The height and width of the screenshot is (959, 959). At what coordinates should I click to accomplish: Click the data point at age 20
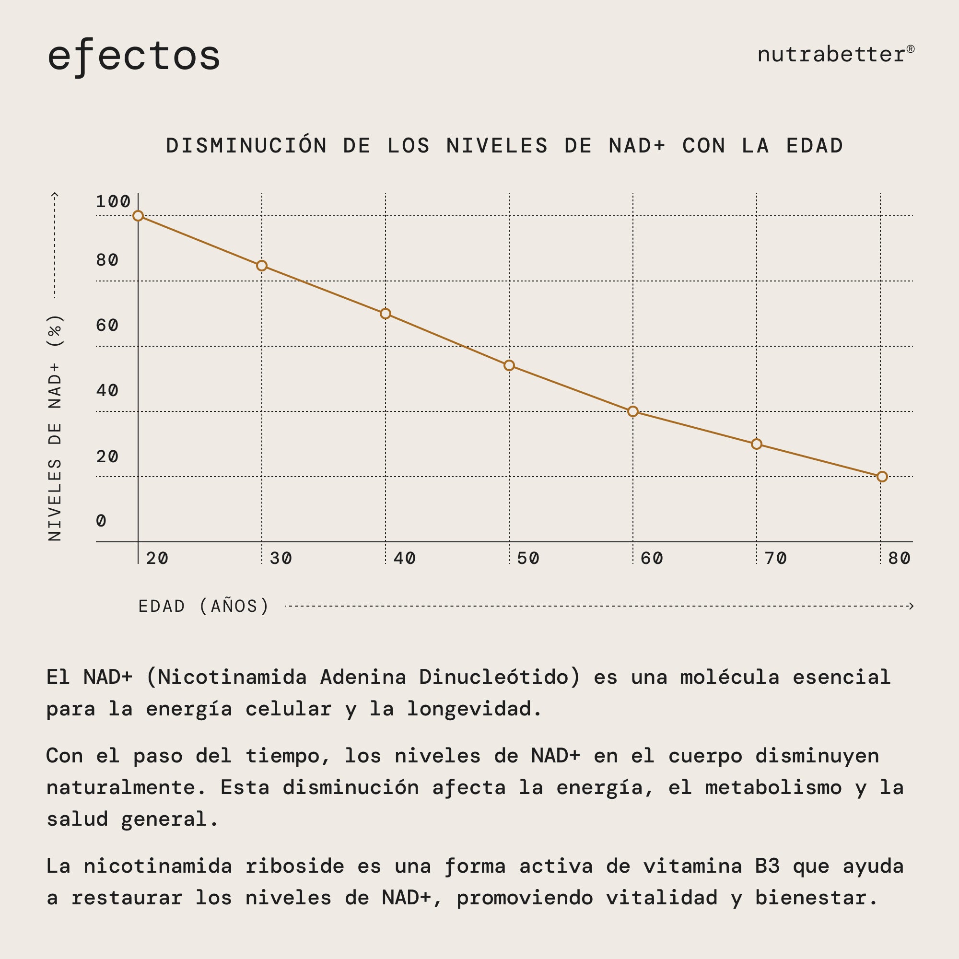138,216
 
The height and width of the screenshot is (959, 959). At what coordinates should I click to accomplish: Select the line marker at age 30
262,266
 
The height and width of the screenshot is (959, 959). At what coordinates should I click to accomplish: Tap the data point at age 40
385,314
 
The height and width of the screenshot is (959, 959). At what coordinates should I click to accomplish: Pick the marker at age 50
509,365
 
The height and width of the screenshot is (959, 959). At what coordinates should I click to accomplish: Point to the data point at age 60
632,411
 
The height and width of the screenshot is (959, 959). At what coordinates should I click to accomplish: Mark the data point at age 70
756,444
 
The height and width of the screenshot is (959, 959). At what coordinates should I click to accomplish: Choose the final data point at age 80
882,477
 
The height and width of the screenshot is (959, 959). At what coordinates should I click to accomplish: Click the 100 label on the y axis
113,201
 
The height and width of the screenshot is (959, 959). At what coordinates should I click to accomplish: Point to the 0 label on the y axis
101,521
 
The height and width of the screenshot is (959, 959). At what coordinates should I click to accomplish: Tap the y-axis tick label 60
107,325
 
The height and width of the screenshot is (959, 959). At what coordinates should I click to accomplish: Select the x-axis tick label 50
527,559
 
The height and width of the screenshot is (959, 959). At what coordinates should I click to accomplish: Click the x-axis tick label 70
775,559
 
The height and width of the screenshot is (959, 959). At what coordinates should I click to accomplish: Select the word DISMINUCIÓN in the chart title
246,146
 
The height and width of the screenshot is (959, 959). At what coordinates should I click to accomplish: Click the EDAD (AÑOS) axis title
203,606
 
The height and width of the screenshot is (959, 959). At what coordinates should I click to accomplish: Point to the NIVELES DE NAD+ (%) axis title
55,427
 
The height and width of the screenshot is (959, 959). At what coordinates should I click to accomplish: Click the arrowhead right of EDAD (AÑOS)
911,606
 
